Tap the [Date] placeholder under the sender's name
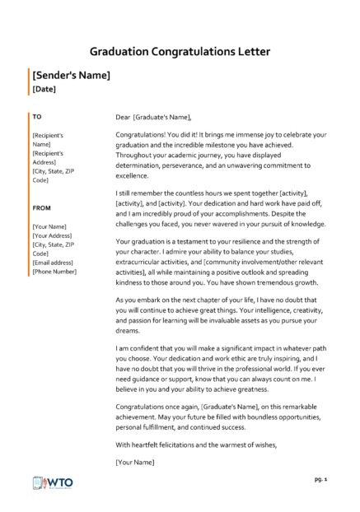44,88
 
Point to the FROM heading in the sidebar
42,210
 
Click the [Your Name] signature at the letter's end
136,462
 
